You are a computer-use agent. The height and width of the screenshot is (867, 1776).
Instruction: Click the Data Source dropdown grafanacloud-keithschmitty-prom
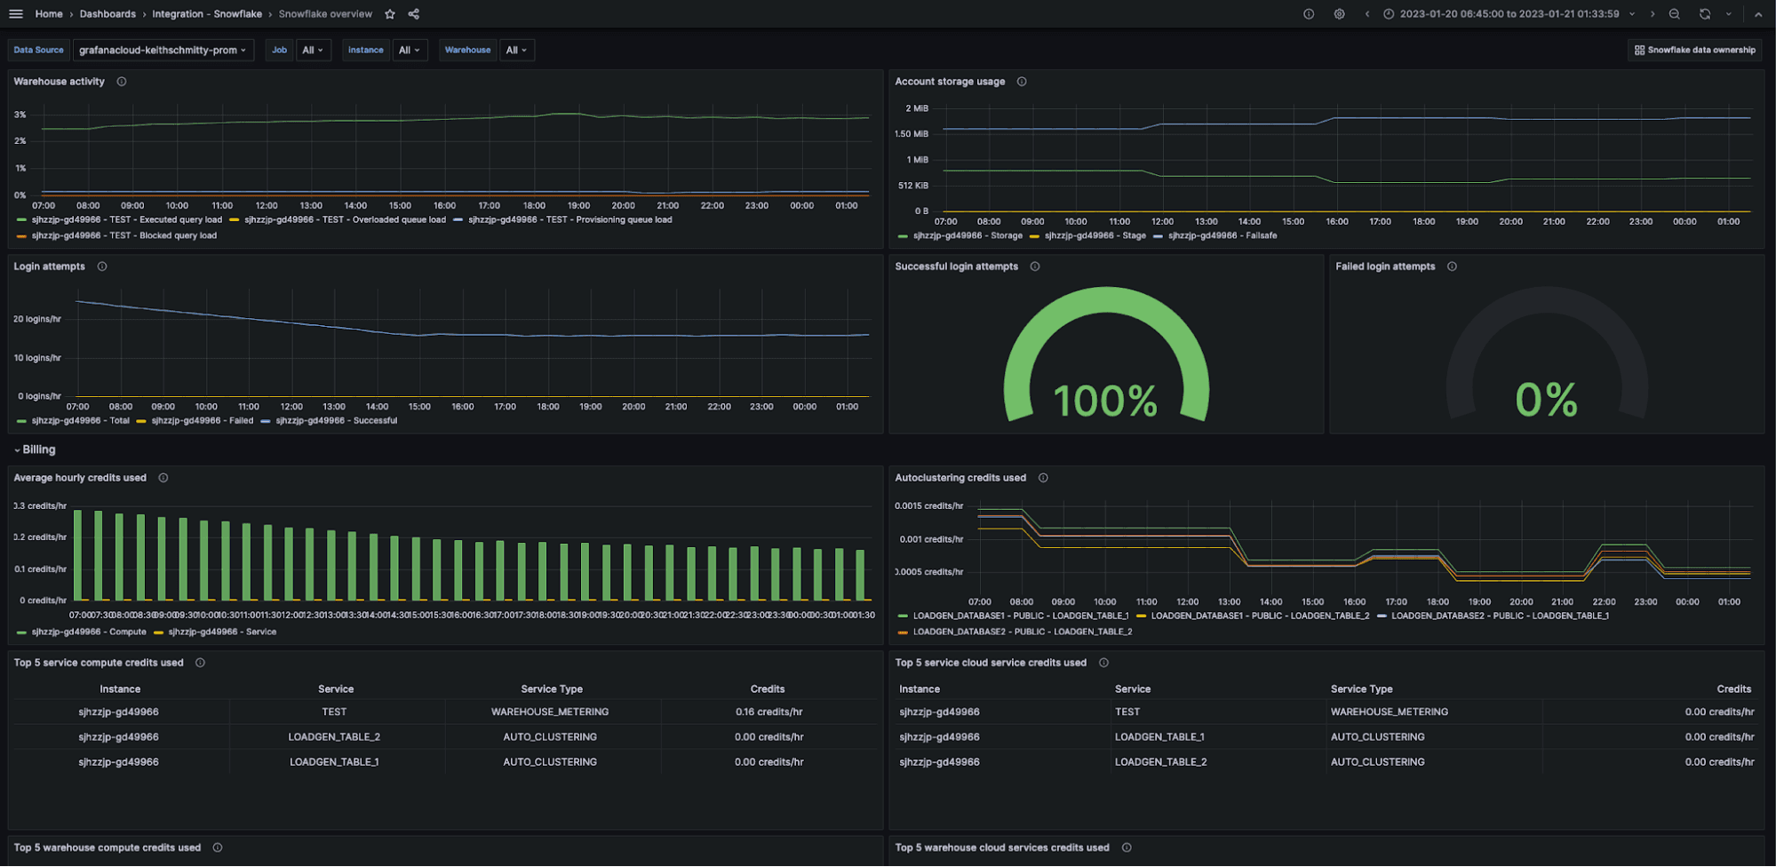[163, 50]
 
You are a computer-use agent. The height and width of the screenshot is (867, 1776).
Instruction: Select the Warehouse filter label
[467, 50]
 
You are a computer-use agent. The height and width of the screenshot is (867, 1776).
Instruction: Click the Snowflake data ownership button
[1694, 50]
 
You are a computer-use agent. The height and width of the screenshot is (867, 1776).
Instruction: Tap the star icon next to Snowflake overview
[390, 14]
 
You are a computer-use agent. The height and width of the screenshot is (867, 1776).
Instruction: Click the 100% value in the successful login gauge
[1105, 401]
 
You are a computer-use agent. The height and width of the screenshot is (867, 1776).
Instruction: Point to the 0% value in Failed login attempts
[1546, 400]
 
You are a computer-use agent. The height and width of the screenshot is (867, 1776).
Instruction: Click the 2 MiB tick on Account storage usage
[916, 108]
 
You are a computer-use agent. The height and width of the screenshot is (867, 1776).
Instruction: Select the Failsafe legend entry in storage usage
[1222, 235]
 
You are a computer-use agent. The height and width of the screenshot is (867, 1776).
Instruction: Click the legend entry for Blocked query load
[123, 235]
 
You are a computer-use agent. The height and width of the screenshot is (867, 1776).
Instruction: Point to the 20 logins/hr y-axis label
[37, 319]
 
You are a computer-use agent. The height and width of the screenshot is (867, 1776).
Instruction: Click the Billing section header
[38, 449]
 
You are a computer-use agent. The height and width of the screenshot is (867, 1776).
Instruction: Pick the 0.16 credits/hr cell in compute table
[769, 712]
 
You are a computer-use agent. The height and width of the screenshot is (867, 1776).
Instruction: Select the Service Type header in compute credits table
[552, 688]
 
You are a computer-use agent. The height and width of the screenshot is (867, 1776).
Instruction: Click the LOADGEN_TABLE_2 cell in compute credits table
[334, 736]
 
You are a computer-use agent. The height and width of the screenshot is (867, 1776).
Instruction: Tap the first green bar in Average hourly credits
[77, 555]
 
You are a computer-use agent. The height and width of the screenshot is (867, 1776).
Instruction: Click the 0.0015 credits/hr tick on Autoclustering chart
[928, 505]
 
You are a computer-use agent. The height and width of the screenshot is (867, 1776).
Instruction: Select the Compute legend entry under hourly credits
[88, 632]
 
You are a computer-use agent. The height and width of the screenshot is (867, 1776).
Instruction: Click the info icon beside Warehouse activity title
[122, 82]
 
